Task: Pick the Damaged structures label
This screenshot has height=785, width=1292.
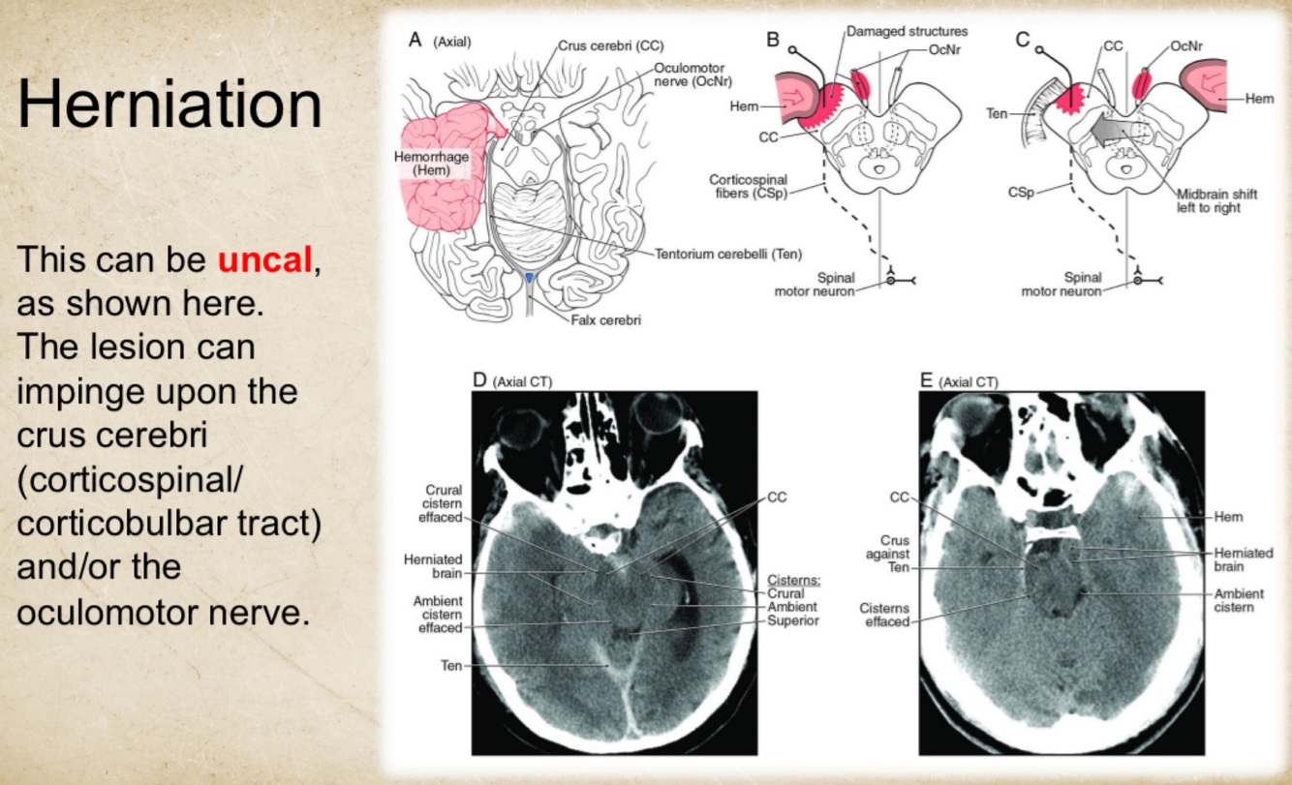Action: pos(907,31)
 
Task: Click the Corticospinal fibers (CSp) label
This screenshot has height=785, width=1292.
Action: pos(748,187)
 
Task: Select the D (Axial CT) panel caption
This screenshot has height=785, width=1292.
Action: pos(512,381)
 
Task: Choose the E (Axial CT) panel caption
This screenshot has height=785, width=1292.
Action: pos(960,381)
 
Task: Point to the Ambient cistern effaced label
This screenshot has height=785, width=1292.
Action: pos(438,614)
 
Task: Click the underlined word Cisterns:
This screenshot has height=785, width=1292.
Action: pos(794,580)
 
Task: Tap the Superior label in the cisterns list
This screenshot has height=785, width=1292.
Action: pos(793,620)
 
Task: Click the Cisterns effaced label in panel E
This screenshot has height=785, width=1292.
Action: pos(885,615)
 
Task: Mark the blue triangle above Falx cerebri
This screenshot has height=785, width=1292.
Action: pos(529,279)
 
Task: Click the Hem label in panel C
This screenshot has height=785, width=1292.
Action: pos(1259,98)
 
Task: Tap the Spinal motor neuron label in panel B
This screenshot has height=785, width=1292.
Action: pos(815,285)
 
